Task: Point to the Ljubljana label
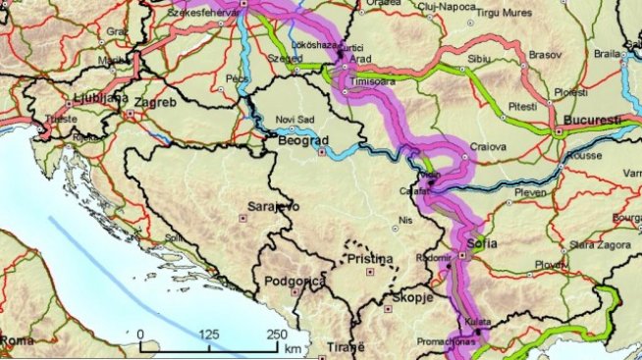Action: pyautogui.click(x=101, y=98)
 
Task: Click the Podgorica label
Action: pyautogui.click(x=295, y=282)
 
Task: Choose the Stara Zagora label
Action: pyautogui.click(x=599, y=241)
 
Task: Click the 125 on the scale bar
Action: pyautogui.click(x=208, y=334)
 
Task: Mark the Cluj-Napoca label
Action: pyautogui.click(x=444, y=5)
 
